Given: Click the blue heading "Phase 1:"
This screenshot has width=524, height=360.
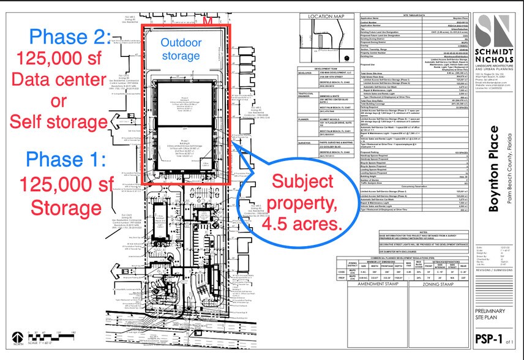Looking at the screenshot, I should click(65, 144).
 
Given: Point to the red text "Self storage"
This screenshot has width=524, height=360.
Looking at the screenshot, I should click(59, 121).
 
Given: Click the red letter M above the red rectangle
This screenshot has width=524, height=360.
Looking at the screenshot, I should click(208, 21).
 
